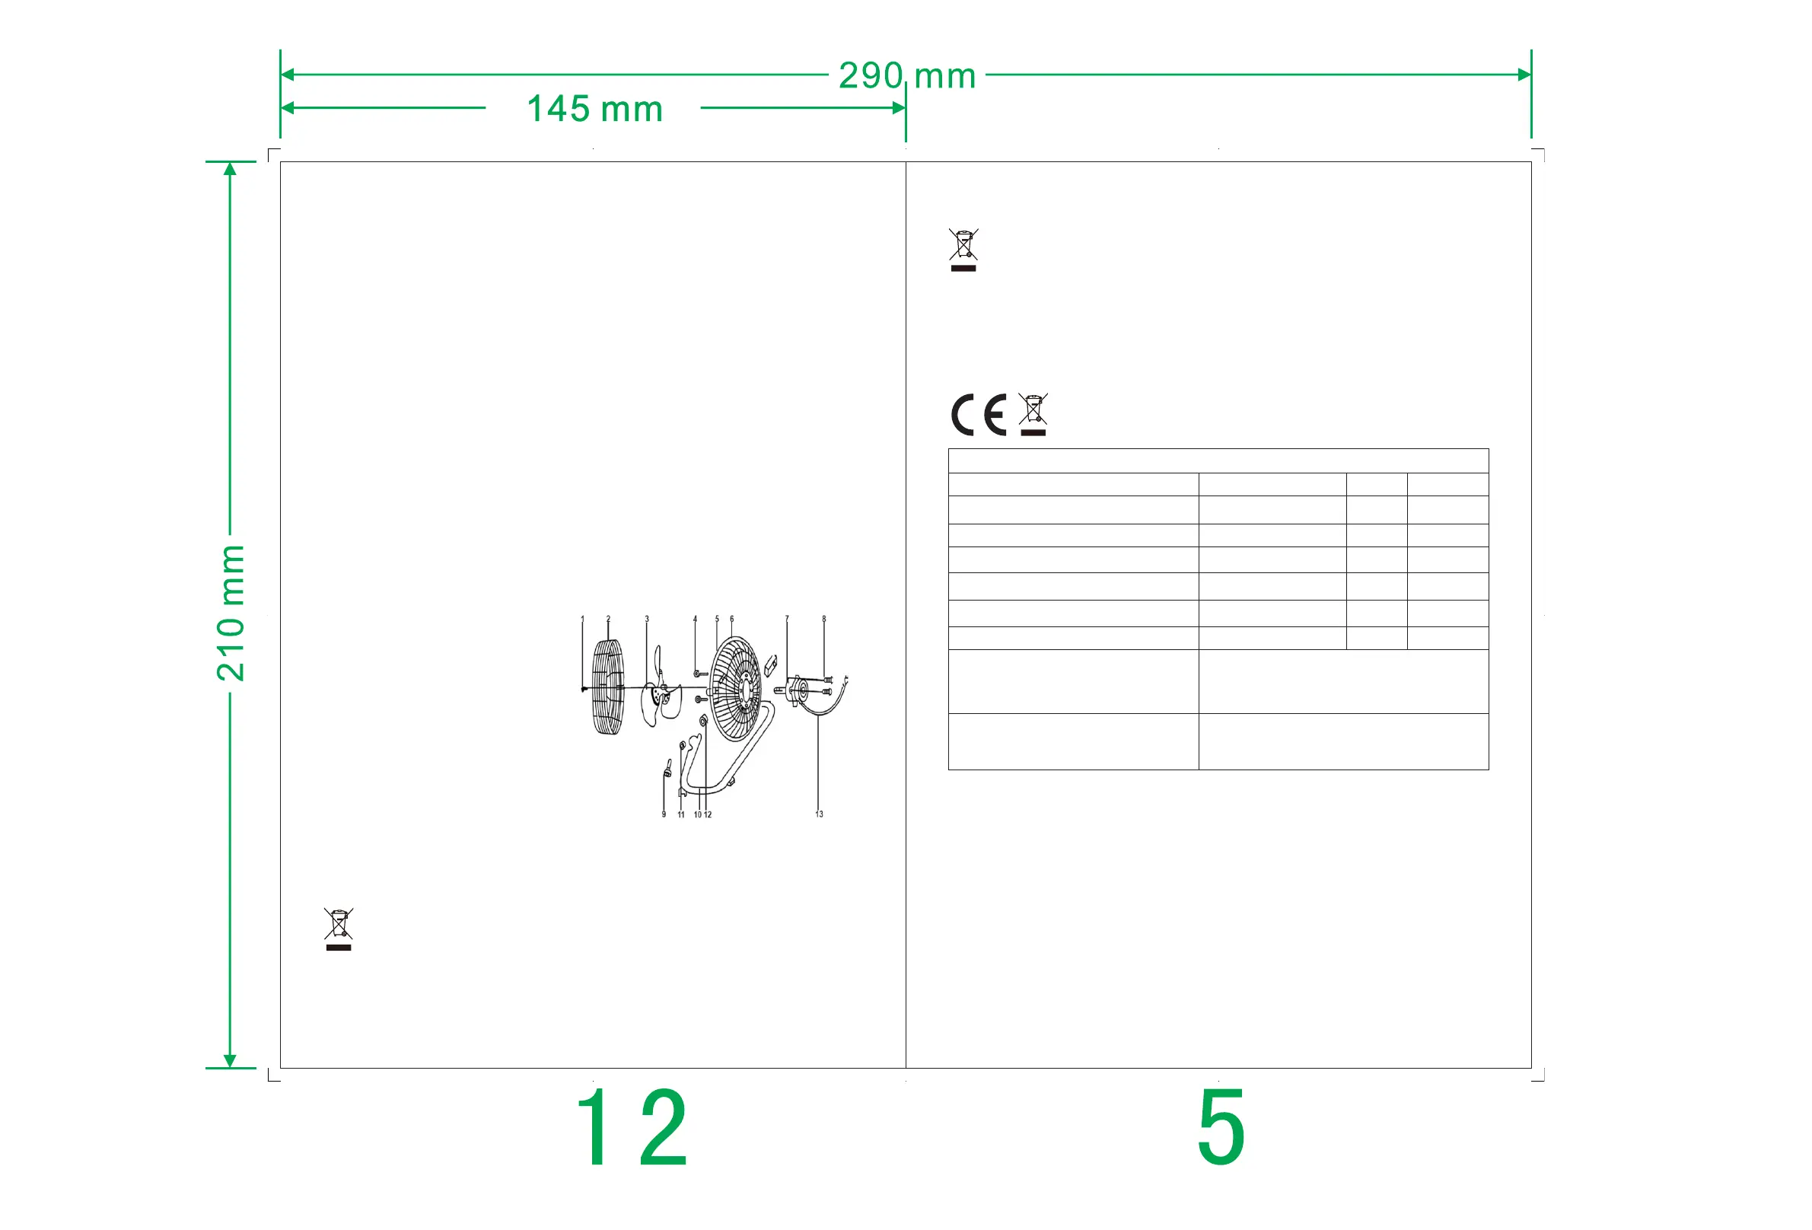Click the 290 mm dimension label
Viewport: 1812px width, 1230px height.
pos(907,75)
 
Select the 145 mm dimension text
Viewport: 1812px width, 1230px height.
pos(595,108)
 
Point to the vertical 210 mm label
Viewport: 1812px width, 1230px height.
pos(231,613)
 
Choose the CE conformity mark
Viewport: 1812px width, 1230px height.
pos(979,414)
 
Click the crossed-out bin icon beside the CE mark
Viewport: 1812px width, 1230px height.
pos(1033,414)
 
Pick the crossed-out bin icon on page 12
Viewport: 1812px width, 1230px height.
pos(339,929)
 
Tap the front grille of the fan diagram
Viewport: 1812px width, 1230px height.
pos(608,687)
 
